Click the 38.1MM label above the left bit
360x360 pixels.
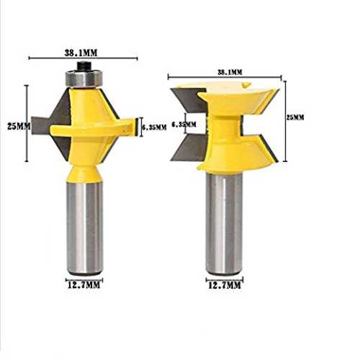81,53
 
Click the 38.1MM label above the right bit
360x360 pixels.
230,72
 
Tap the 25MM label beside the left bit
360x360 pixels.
19,126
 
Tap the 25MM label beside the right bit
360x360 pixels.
295,117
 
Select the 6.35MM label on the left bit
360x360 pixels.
154,127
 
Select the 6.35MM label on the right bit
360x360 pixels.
184,124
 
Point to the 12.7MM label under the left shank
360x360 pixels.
84,285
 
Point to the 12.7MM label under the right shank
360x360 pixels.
224,285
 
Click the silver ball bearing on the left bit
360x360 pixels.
84,78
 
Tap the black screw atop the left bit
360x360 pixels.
84,66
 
